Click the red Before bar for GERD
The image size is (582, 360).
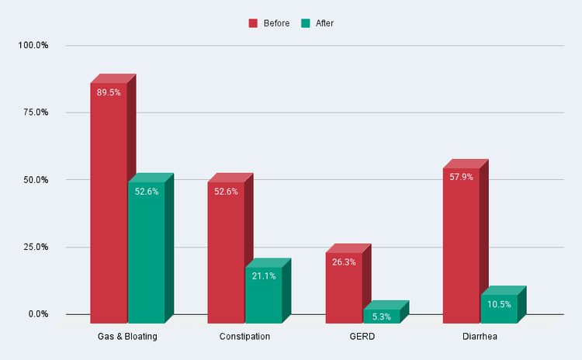[x=344, y=287]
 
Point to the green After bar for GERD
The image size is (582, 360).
[x=381, y=316]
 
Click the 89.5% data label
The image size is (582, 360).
[x=109, y=92]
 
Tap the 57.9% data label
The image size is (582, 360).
[x=461, y=178]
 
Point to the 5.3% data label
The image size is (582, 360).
[x=381, y=317]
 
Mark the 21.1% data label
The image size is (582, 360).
[x=263, y=276]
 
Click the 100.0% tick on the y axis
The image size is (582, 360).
[x=33, y=45]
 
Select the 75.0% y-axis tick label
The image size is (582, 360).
[x=33, y=112]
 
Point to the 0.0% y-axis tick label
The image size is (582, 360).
[x=36, y=314]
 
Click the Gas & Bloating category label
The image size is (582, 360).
[x=127, y=337]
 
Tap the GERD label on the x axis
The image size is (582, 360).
[x=362, y=337]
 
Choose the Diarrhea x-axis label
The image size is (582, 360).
[x=480, y=337]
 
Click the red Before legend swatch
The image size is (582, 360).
[x=253, y=23]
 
